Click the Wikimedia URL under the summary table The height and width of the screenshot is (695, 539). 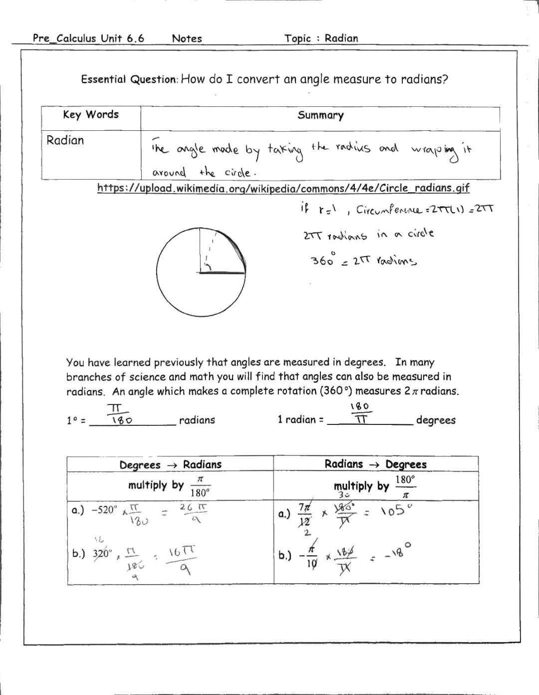pyautogui.click(x=283, y=188)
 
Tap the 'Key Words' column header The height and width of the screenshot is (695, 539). pyautogui.click(x=91, y=115)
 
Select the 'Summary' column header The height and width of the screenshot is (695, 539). pyautogui.click(x=320, y=115)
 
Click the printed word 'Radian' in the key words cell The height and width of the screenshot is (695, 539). pyautogui.click(x=65, y=140)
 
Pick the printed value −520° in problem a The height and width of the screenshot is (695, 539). pyautogui.click(x=104, y=510)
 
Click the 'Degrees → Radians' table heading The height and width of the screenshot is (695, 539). pyautogui.click(x=170, y=464)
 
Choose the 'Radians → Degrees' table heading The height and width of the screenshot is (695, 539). pyautogui.click(x=375, y=464)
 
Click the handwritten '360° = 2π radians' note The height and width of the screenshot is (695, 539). pyautogui.click(x=363, y=260)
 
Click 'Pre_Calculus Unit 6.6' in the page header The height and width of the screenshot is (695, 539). pyautogui.click(x=88, y=38)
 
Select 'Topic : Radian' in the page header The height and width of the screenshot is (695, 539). pyautogui.click(x=321, y=38)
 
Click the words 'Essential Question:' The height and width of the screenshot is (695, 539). pyautogui.click(x=129, y=79)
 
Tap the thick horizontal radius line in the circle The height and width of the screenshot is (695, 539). pyautogui.click(x=222, y=273)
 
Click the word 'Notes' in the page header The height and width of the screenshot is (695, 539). pyautogui.click(x=187, y=38)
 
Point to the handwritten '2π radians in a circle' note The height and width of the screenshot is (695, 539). pyautogui.click(x=368, y=235)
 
